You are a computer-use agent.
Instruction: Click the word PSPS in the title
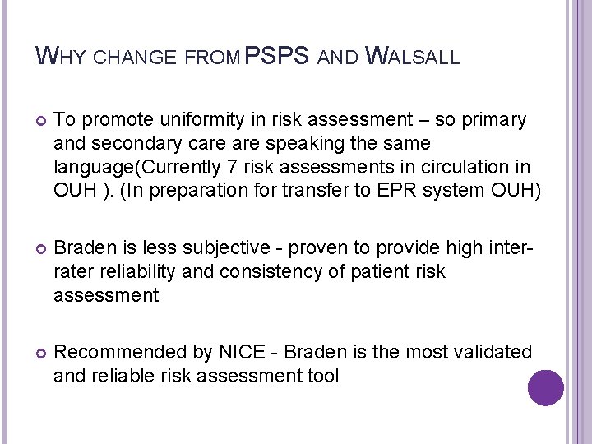tap(277, 56)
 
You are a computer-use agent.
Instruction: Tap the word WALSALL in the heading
tap(412, 57)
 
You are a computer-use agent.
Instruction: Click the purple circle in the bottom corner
tap(546, 387)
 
